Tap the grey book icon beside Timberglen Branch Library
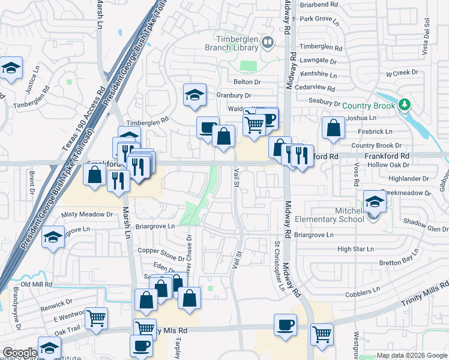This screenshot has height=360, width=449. coord(268,43)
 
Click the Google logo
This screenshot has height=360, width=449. coord(19,353)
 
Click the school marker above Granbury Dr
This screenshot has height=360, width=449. coord(194,95)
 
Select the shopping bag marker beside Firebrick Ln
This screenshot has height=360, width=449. coord(333,128)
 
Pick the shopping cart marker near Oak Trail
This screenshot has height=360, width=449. coord(96,319)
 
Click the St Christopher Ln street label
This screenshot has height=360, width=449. coord(279,266)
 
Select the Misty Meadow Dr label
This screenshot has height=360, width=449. coord(87,214)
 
